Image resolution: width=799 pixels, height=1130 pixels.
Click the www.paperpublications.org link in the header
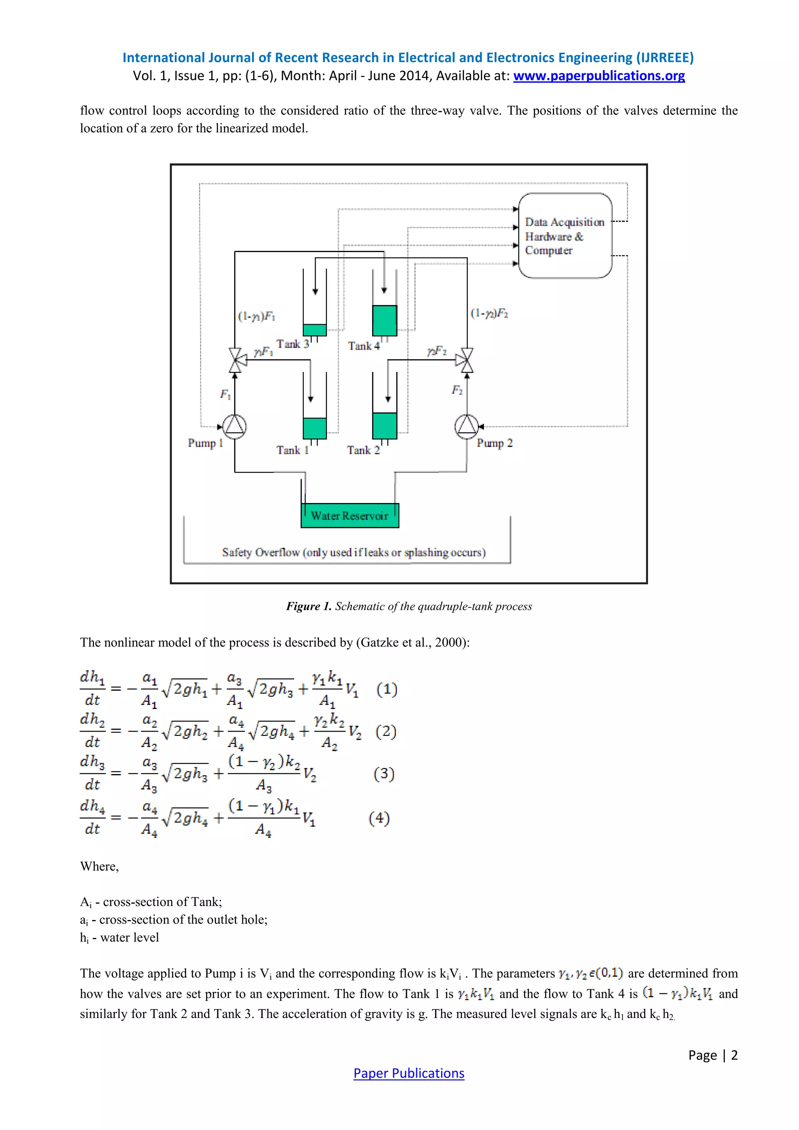coord(599,76)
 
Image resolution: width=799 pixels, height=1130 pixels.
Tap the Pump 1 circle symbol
coord(235,426)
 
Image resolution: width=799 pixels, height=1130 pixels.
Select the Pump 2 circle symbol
coord(467,426)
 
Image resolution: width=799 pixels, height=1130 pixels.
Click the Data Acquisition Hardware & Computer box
coord(565,236)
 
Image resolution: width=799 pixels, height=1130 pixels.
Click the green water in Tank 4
coord(384,321)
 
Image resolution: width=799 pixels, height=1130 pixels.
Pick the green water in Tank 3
coord(314,330)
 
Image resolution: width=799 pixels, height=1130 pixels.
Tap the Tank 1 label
coord(292,450)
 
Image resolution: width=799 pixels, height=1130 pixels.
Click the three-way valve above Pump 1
coord(235,360)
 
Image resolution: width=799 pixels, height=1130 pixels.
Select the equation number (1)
coord(387,689)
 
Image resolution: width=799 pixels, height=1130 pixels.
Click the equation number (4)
coord(379,818)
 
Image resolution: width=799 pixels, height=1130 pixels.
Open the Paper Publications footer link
coord(408,1073)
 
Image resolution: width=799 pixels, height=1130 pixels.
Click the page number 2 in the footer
coord(734,1055)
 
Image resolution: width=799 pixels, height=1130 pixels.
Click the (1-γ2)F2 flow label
coord(489,313)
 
